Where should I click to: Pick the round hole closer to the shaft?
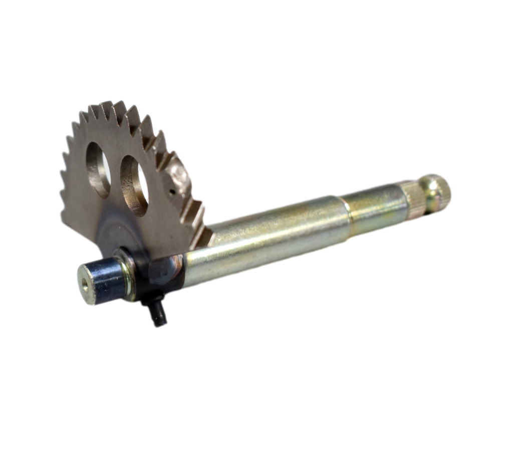click(x=134, y=185)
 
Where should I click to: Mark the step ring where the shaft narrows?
click(x=345, y=210)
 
